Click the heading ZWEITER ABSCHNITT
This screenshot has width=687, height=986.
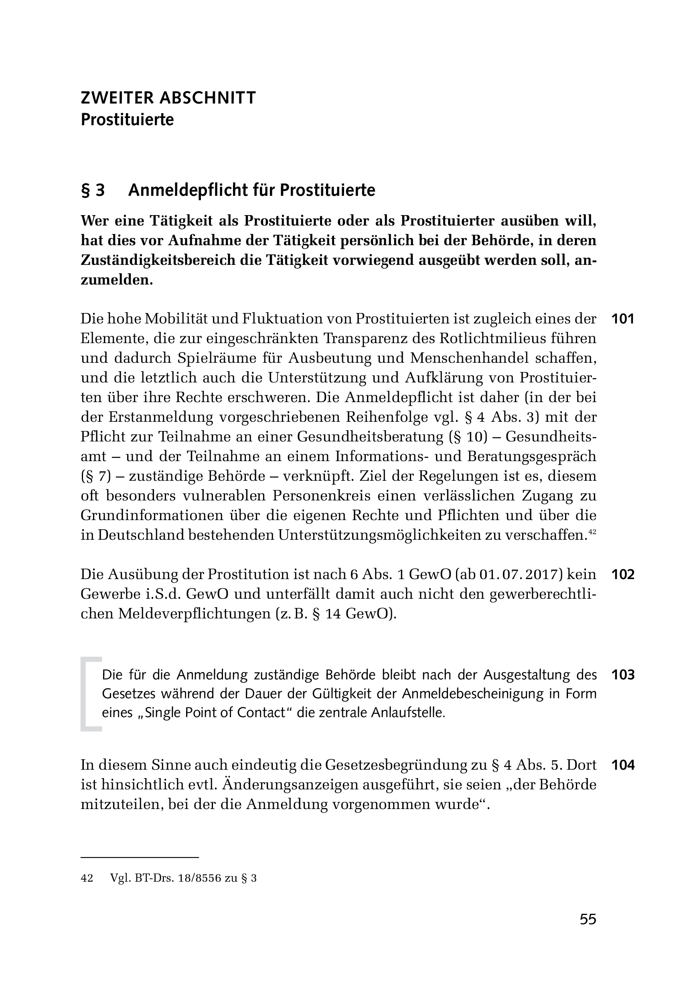coord(168,98)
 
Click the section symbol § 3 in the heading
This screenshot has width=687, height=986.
coord(93,190)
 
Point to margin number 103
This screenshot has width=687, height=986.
coord(623,675)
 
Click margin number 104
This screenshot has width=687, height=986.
coord(623,765)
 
